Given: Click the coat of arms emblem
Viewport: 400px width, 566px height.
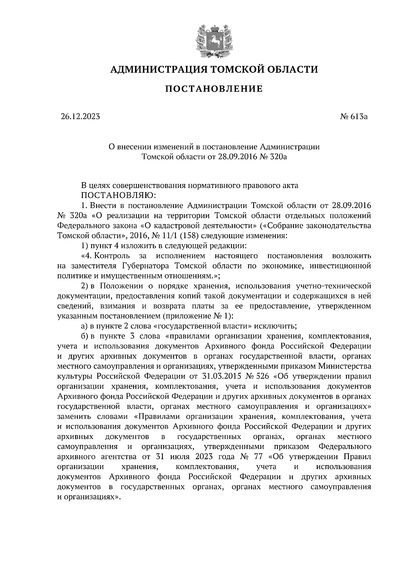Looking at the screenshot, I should (x=214, y=40).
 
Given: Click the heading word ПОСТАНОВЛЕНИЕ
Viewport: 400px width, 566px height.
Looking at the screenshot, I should (x=214, y=89).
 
